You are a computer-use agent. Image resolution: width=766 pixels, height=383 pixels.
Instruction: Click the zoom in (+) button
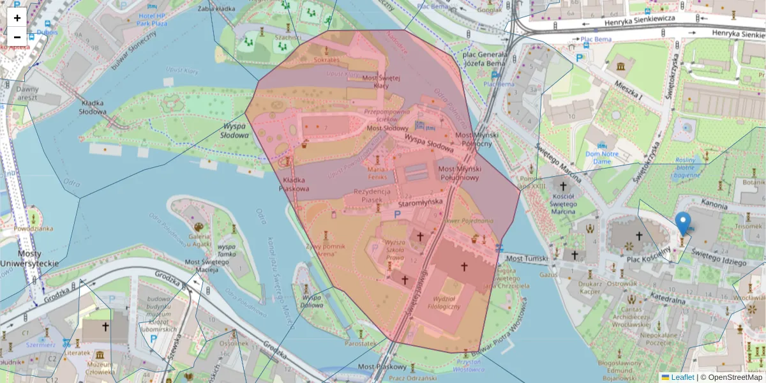17,17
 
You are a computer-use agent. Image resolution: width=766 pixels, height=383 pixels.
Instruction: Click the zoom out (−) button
17,37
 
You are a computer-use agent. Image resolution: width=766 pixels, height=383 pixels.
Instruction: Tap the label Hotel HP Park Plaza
144,19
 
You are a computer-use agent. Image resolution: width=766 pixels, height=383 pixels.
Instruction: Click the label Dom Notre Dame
602,158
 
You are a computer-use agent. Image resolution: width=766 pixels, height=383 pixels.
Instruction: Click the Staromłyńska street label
420,202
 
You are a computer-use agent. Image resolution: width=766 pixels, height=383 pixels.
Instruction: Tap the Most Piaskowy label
382,367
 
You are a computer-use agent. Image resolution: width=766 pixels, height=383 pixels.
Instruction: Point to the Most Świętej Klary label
381,82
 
